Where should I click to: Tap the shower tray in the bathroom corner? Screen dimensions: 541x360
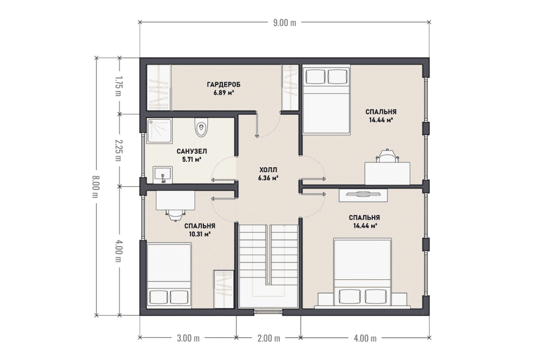(x=160, y=131)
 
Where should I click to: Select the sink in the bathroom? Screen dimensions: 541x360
(x=163, y=175)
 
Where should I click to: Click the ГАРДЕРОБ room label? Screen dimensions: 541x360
(x=223, y=84)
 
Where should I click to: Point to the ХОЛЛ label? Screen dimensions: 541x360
(x=268, y=170)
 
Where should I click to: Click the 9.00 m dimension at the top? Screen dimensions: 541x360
(x=285, y=23)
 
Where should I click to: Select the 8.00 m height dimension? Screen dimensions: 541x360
(x=95, y=186)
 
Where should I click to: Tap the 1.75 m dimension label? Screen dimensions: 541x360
(x=118, y=86)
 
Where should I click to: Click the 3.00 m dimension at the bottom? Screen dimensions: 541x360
(x=188, y=338)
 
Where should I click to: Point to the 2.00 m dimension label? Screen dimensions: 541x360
(x=268, y=338)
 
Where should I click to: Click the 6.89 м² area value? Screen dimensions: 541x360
(x=224, y=93)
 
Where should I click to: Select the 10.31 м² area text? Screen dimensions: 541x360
(x=200, y=234)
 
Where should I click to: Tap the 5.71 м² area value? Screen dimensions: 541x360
(x=192, y=160)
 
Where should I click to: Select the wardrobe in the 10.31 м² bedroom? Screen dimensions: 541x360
(x=223, y=288)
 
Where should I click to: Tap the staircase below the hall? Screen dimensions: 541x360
(x=268, y=265)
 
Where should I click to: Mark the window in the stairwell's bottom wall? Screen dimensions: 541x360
(x=268, y=312)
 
